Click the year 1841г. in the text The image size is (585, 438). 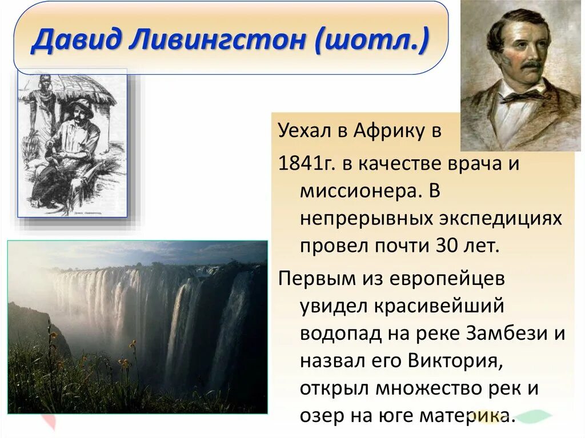pos(305,163)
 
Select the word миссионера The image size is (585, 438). pos(356,191)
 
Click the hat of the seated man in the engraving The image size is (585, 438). pos(81,106)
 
